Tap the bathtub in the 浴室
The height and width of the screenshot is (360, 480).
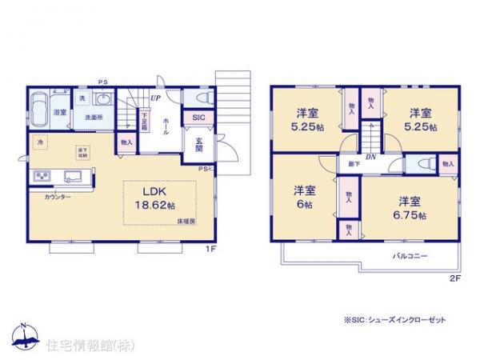click(x=40, y=106)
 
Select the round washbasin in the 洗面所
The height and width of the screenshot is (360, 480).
click(x=102, y=100)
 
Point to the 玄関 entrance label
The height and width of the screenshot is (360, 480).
click(x=200, y=146)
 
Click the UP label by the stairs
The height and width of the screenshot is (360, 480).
click(x=154, y=98)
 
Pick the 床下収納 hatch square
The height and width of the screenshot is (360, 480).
click(x=82, y=151)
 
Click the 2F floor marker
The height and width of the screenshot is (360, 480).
click(x=454, y=278)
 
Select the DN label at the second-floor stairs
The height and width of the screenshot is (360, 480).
click(x=371, y=157)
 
